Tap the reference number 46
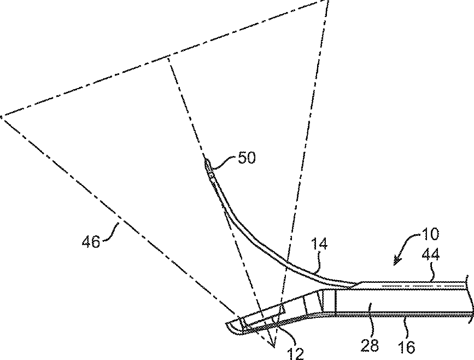[x=91, y=241]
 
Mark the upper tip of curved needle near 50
[x=207, y=160]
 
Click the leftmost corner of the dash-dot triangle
[x=2, y=116]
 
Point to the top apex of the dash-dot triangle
[x=327, y=2]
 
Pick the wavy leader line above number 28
[x=371, y=326]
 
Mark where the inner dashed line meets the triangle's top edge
[x=168, y=59]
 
